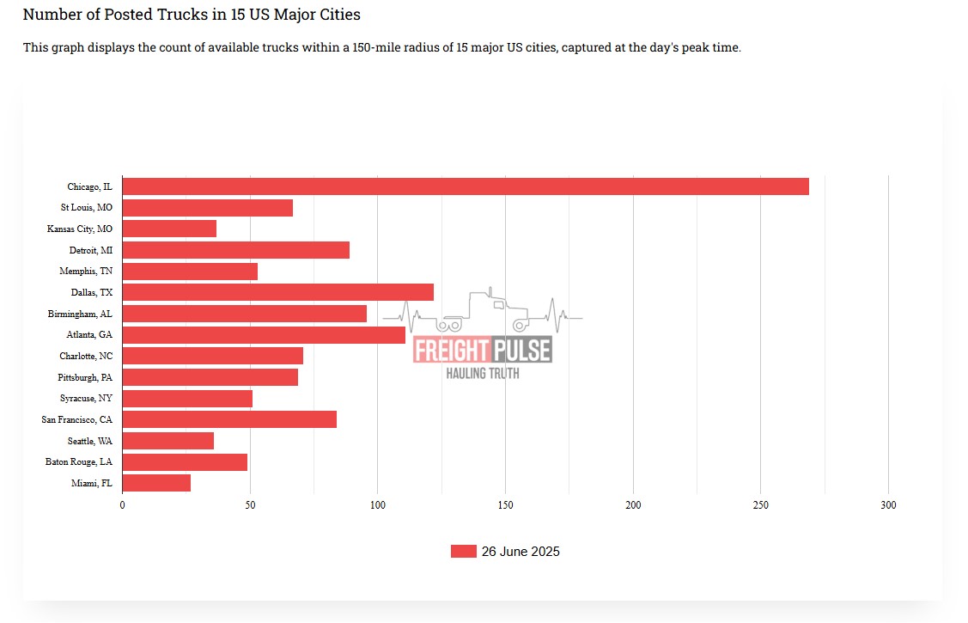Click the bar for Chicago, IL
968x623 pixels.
465,186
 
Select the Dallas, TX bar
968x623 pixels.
277,292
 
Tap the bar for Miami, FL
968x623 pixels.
156,483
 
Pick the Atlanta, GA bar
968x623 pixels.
263,335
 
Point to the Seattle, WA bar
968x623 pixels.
167,441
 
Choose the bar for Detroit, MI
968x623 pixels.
235,250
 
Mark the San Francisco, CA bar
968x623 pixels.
229,419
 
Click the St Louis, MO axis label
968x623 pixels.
86,208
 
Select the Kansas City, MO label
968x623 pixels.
79,229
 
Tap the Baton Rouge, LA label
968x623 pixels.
78,462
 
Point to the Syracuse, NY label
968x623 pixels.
86,399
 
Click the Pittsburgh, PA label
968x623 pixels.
85,377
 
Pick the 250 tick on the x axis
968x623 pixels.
760,505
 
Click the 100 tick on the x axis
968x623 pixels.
377,505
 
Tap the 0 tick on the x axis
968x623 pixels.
122,505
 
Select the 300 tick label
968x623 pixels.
888,505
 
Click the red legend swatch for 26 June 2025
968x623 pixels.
463,552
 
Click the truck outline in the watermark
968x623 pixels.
485,311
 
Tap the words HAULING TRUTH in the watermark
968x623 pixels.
482,373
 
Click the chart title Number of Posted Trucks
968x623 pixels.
192,15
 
